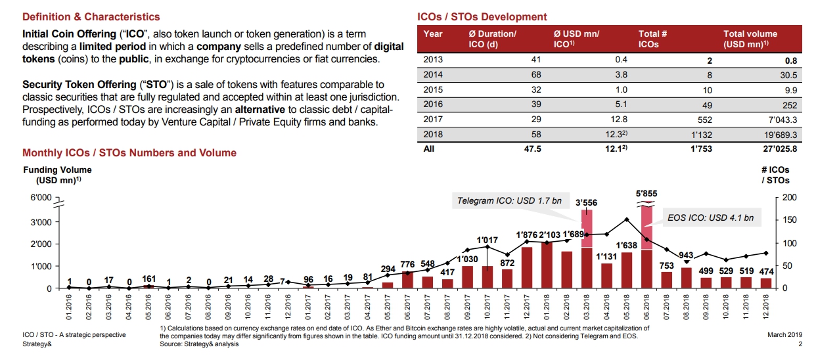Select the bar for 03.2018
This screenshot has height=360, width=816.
587,253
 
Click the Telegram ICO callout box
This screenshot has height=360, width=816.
509,200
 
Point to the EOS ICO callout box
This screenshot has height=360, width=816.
710,217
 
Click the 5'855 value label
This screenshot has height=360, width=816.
646,194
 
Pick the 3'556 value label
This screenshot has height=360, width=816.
586,203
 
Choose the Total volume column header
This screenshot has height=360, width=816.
750,39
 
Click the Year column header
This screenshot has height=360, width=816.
433,34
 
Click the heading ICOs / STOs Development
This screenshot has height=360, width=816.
482,16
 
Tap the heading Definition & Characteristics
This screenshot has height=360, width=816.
91,16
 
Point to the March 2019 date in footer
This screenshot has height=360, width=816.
784,335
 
